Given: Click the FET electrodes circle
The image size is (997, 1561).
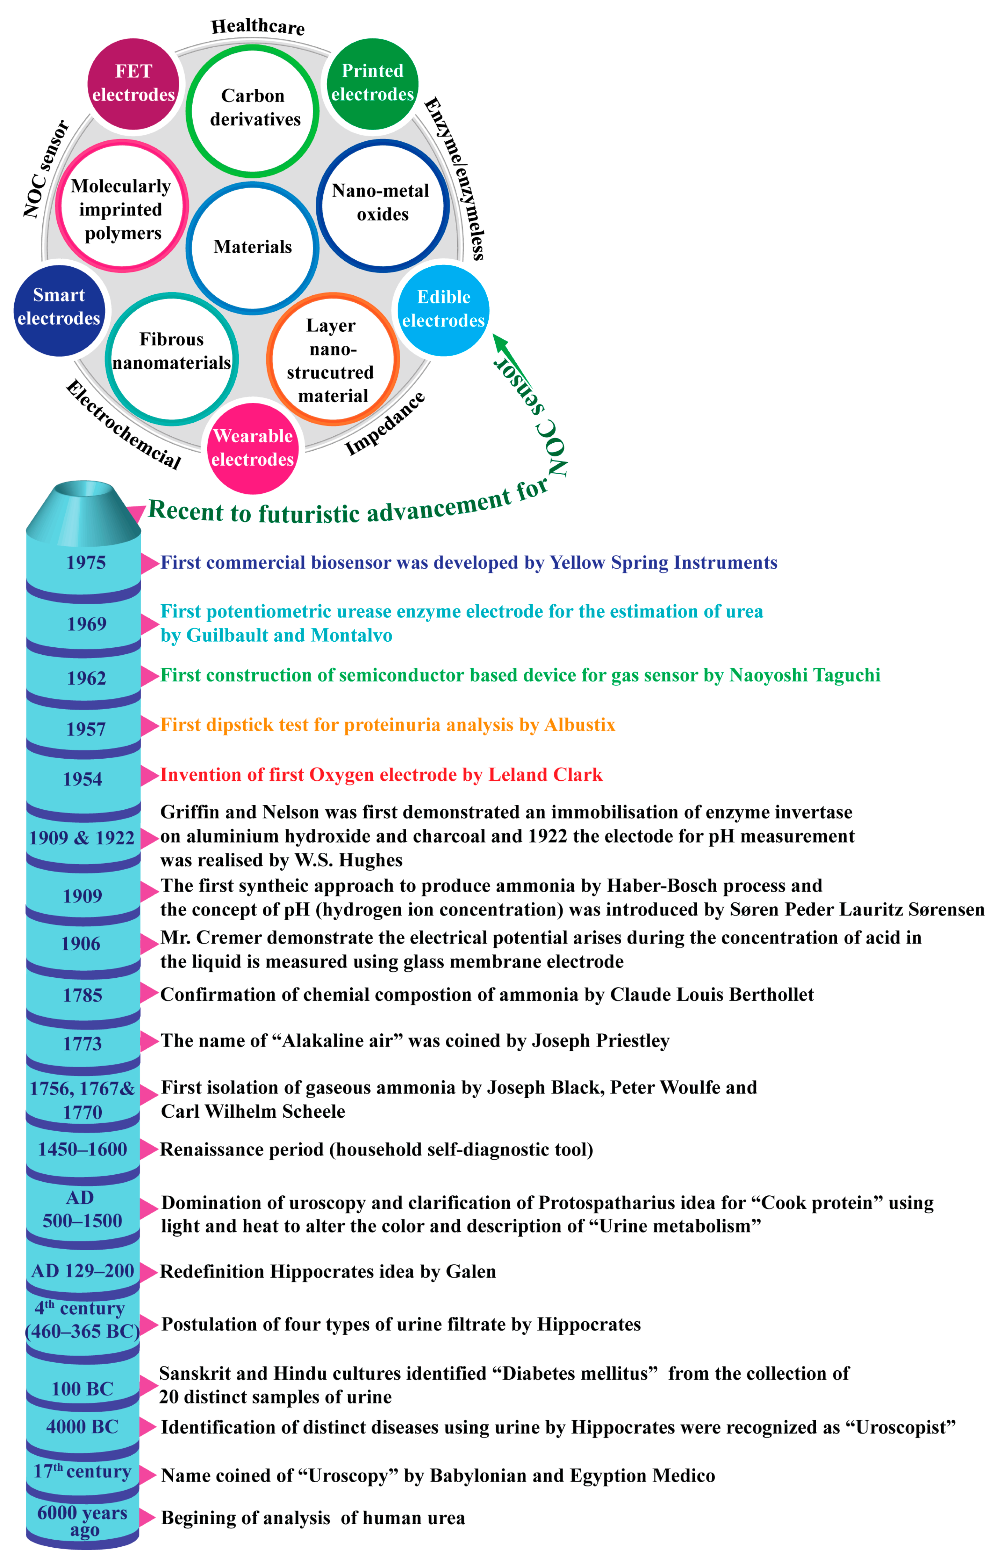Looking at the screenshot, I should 134,83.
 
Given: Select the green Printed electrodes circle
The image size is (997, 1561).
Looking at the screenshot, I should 373,83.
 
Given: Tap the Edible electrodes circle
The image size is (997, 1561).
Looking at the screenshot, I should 443,309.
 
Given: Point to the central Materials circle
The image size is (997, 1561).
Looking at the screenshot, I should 253,247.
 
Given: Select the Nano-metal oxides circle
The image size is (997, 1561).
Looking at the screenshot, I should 382,204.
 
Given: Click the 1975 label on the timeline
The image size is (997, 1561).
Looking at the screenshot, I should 86,563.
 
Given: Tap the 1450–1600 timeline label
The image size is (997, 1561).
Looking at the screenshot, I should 82,1149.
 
